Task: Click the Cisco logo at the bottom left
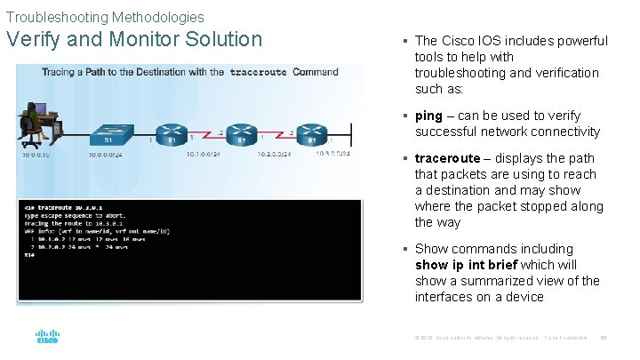(46, 338)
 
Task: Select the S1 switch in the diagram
(108, 129)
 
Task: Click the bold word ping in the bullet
(428, 116)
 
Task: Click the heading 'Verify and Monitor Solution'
(134, 39)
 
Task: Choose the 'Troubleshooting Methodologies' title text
(105, 17)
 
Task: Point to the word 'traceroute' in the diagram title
(258, 72)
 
